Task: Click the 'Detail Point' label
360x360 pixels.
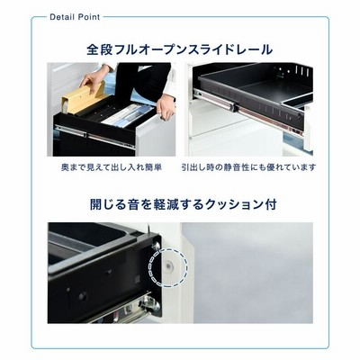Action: coord(75,17)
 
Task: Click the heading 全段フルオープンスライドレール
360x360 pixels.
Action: coord(179,49)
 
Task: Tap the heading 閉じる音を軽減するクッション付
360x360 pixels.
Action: coord(183,204)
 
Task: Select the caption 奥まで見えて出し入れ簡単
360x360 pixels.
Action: coord(112,167)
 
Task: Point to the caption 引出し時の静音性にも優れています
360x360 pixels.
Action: coord(248,167)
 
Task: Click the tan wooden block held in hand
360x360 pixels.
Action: coord(85,97)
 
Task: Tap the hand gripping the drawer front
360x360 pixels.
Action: coord(166,108)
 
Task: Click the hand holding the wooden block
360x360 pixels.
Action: coord(93,77)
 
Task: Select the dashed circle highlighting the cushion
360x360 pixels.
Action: coord(168,265)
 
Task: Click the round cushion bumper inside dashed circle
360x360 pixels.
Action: coord(169,265)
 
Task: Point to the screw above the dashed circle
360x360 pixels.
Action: coord(156,247)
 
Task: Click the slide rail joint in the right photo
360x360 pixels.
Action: coord(235,106)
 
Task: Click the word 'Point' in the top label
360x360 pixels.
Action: coord(89,17)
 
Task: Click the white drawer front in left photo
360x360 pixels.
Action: coord(155,136)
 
